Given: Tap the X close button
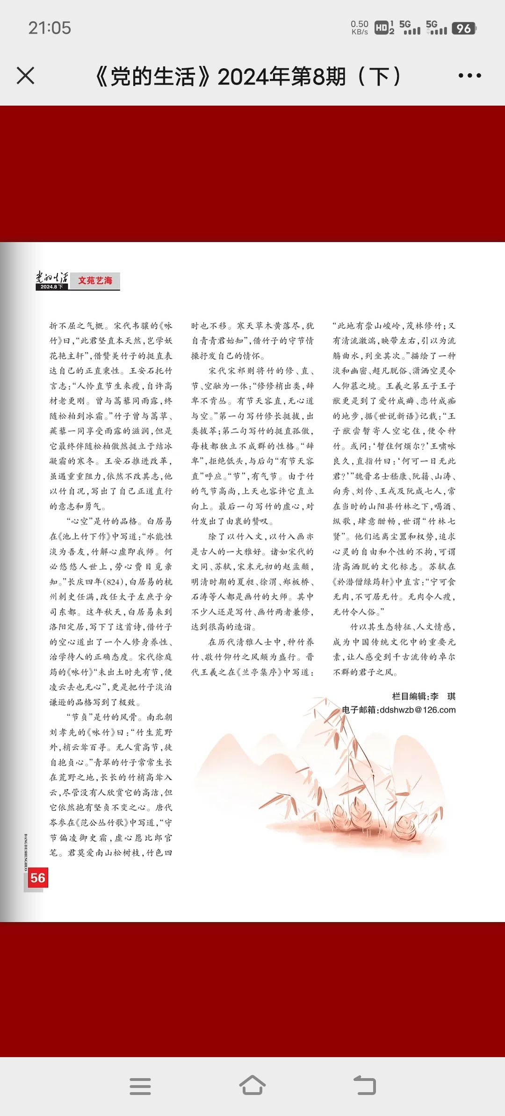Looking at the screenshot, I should coord(25,76).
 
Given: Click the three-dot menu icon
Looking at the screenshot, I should coord(469,76).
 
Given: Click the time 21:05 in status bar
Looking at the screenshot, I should coord(50,28).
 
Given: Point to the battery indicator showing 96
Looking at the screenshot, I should coord(464,29).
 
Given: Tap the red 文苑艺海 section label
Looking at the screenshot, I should coord(95,280).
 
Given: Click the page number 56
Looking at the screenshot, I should coord(37,878).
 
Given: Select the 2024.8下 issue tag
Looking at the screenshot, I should coord(51,287).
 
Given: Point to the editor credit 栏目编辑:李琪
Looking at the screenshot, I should coord(423,696).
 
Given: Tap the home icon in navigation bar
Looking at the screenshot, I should coord(252,1086).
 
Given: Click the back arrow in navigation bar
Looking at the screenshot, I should coord(365,1086).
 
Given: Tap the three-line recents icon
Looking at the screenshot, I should coord(140,1086).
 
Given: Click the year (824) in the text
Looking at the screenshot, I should coord(113,582).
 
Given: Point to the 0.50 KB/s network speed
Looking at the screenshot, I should coord(360,28).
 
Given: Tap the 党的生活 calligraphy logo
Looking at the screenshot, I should coord(52,277).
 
